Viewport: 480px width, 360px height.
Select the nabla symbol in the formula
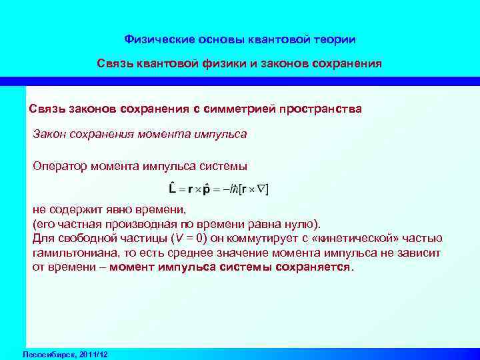[x=259, y=189]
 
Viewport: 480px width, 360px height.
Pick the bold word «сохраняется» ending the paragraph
[x=316, y=267]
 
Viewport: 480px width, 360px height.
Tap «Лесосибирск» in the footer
[x=49, y=353]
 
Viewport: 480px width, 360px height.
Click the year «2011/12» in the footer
[x=95, y=353]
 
